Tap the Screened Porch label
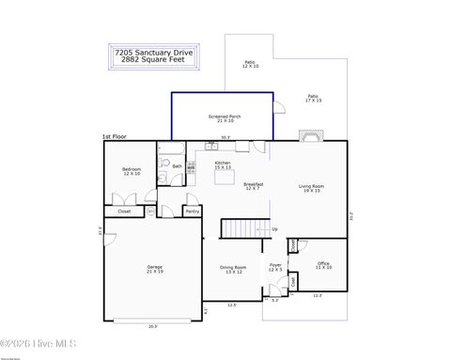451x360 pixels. [x=223, y=118]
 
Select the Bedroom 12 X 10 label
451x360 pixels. [x=131, y=171]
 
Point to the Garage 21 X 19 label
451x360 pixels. [x=154, y=269]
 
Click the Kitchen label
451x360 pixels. [x=223, y=164]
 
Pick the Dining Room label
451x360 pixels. [x=233, y=269]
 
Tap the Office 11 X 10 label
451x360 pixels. [x=323, y=266]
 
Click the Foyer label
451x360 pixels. [x=275, y=267]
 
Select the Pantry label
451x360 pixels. [x=192, y=211]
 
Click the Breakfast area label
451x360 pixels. [x=253, y=185]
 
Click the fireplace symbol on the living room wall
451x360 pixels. [x=309, y=135]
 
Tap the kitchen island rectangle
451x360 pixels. [x=225, y=177]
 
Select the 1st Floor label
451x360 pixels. [x=114, y=136]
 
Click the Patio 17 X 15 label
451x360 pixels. [x=313, y=98]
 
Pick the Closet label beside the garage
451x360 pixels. [x=124, y=211]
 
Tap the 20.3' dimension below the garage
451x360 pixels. [x=152, y=327]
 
